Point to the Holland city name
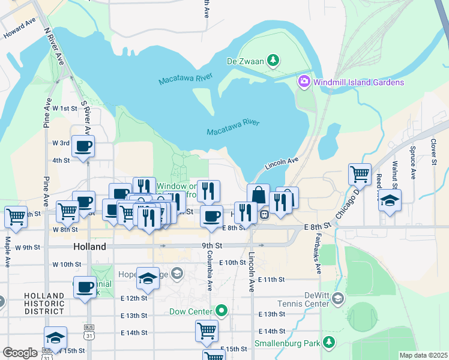[89, 247]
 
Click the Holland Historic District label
[44, 304]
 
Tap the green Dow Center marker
[222, 311]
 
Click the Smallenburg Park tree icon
[328, 342]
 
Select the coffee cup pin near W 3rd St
[83, 146]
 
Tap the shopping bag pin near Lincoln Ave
[258, 196]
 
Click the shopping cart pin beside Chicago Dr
[360, 174]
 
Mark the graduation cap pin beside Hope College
[148, 278]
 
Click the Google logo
[20, 352]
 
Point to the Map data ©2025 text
[423, 355]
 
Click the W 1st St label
[65, 108]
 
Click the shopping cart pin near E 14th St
[206, 331]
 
